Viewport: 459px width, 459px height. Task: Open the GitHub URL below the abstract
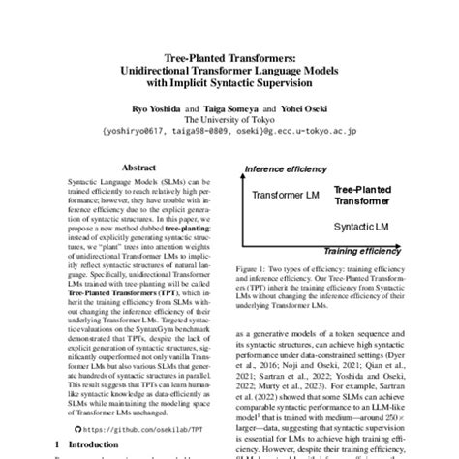pyautogui.click(x=135, y=425)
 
